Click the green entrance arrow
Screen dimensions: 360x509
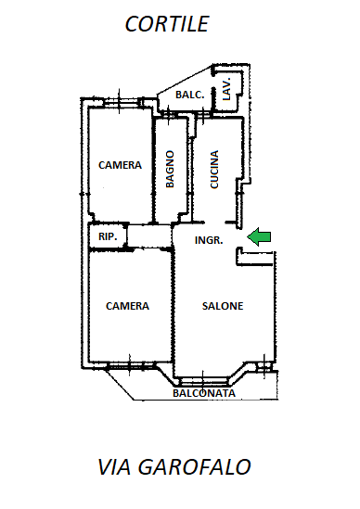(x=259, y=236)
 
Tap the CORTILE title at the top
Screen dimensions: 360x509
(x=167, y=24)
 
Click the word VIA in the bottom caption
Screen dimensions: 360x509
(x=114, y=467)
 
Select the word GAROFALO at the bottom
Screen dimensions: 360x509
(x=194, y=467)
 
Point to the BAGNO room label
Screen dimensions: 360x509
(x=170, y=169)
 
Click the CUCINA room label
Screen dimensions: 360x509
(x=214, y=169)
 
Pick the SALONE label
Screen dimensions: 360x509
(x=223, y=306)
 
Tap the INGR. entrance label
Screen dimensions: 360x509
(x=209, y=240)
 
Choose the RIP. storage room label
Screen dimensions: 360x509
(x=108, y=236)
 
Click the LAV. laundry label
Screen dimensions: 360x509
(x=226, y=88)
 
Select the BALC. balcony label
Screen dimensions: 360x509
(x=190, y=95)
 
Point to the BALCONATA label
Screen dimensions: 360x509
(x=204, y=393)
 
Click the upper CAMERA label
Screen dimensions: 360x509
(x=120, y=165)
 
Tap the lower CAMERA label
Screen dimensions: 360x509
(x=127, y=306)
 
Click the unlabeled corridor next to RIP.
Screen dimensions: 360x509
(x=149, y=235)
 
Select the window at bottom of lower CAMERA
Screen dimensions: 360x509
(x=130, y=365)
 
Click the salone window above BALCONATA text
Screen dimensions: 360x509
(x=203, y=379)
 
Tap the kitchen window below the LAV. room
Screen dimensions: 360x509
(x=204, y=114)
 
